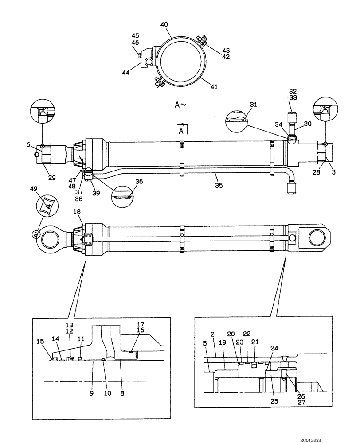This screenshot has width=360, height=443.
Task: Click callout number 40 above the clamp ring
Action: click(x=164, y=25)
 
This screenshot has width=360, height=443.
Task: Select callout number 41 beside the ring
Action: click(x=214, y=87)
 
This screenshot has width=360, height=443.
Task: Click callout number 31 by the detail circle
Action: click(x=253, y=105)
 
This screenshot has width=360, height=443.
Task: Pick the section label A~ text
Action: click(x=180, y=105)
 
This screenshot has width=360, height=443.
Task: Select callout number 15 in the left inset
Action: click(x=40, y=341)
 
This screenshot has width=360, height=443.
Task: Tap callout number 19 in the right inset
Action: click(x=222, y=342)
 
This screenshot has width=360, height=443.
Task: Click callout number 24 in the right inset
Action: click(x=274, y=348)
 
